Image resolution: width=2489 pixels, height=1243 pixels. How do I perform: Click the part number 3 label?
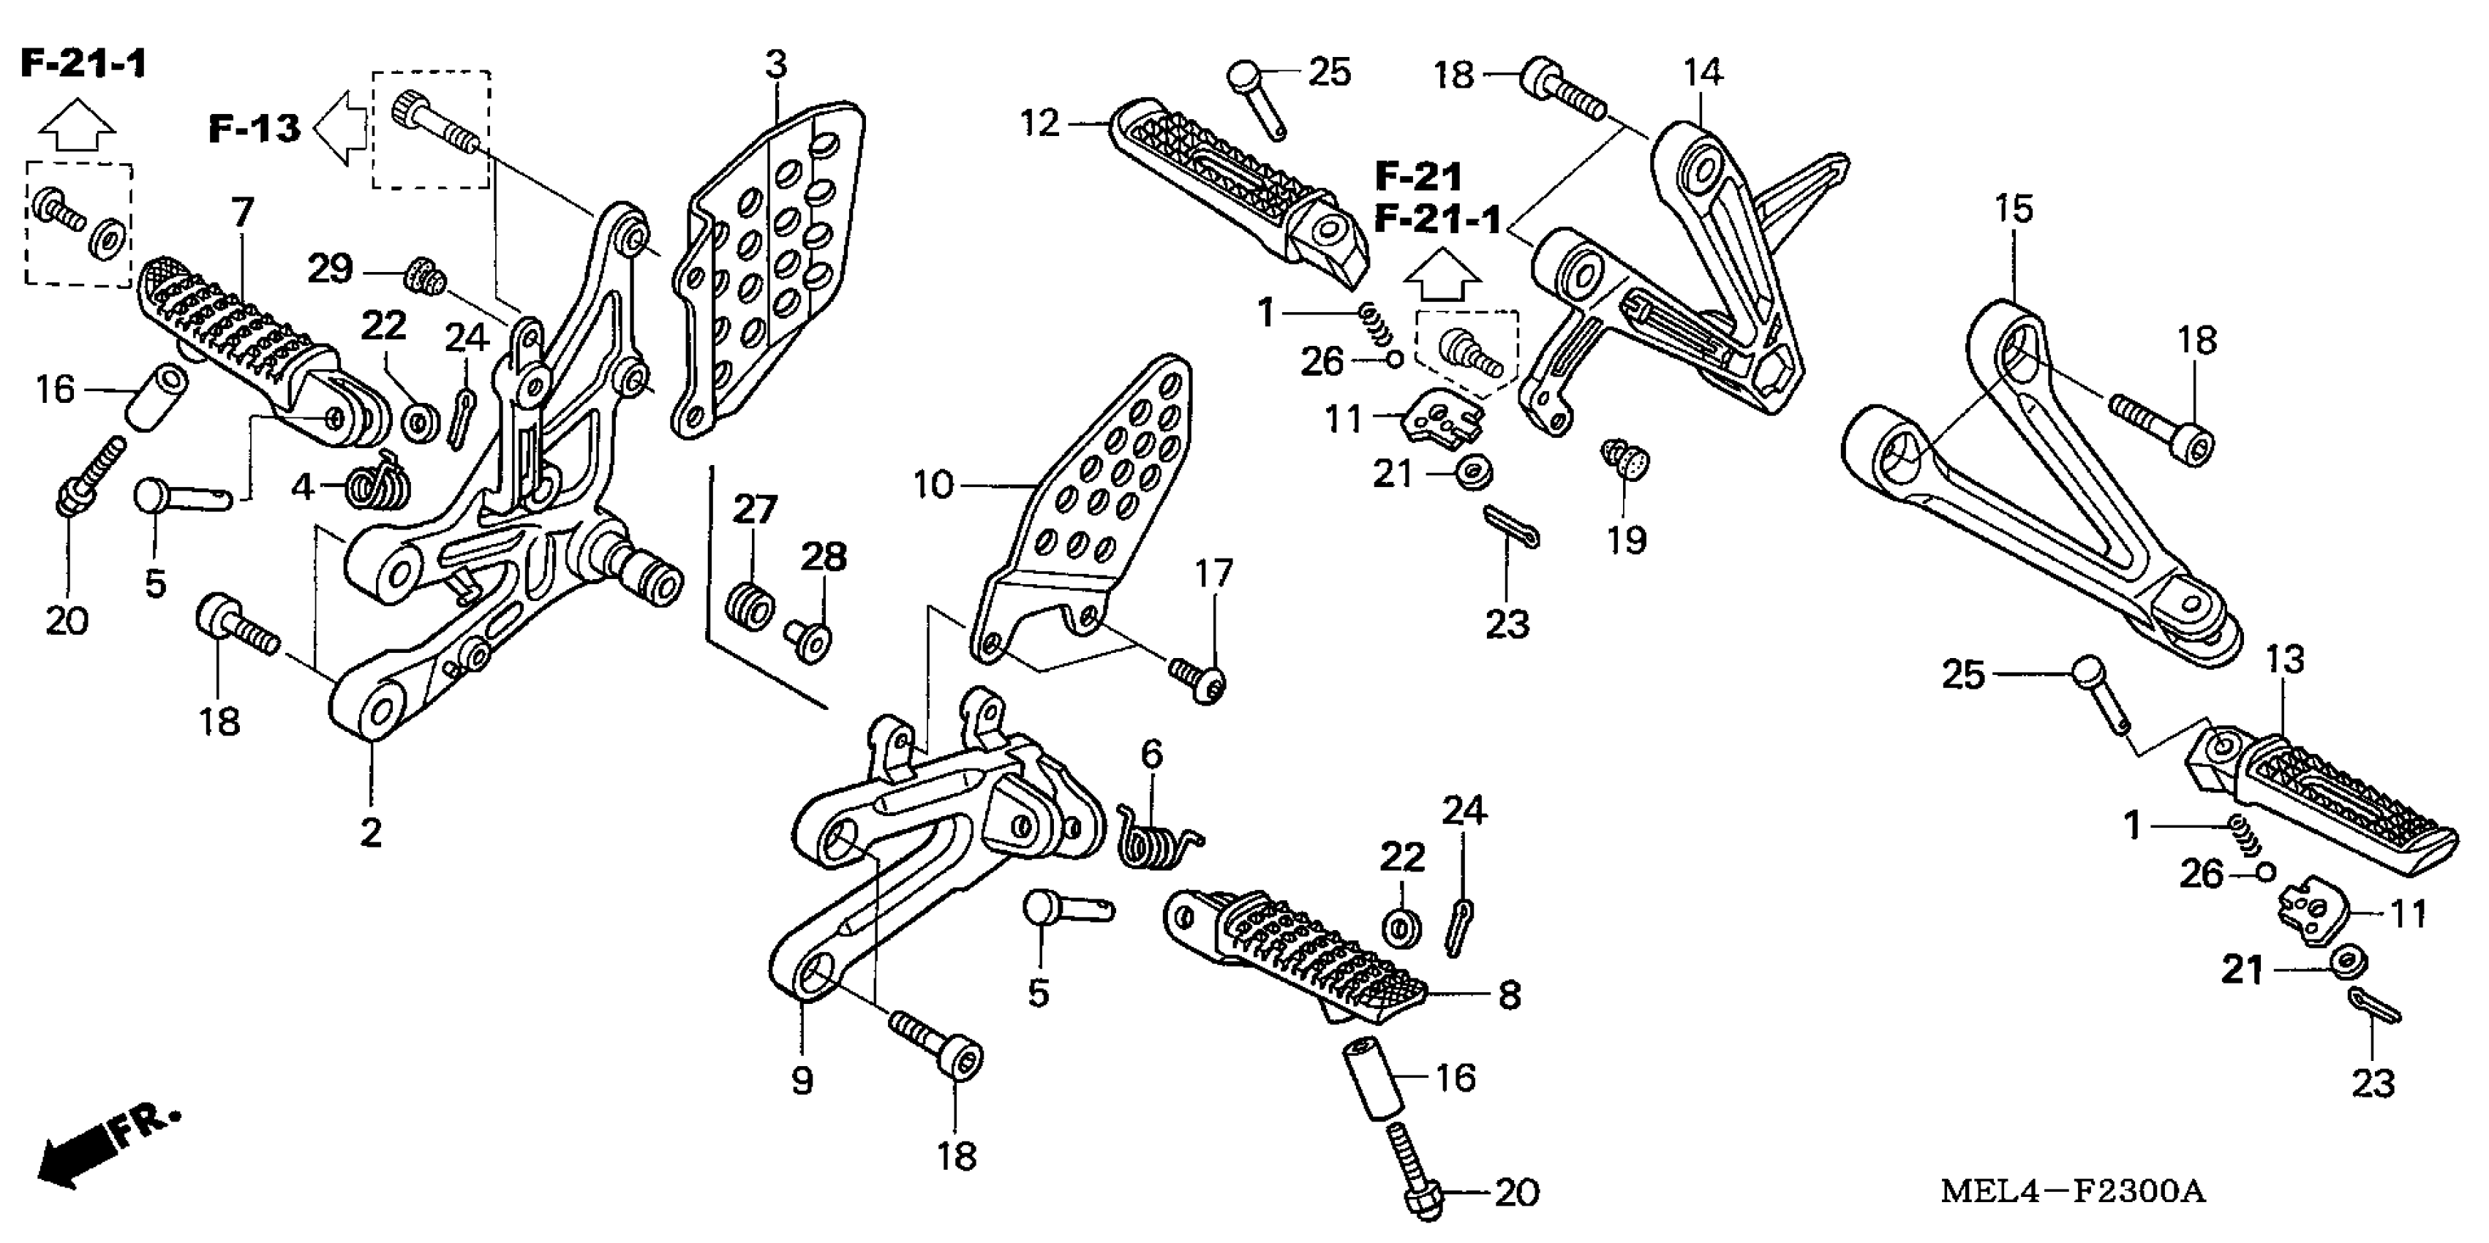(x=776, y=66)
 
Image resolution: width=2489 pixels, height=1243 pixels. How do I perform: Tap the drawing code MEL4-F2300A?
(x=2073, y=1191)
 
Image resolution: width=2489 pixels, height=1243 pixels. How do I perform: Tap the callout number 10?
(x=933, y=485)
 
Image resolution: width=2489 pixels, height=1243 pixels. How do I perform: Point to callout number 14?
(x=1703, y=72)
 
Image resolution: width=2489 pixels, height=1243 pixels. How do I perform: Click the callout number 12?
(x=1041, y=124)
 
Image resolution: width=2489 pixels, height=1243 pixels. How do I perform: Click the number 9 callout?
(x=802, y=1081)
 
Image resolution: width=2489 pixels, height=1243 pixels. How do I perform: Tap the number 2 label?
(x=371, y=833)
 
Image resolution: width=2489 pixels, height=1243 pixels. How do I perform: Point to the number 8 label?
(x=1509, y=995)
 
